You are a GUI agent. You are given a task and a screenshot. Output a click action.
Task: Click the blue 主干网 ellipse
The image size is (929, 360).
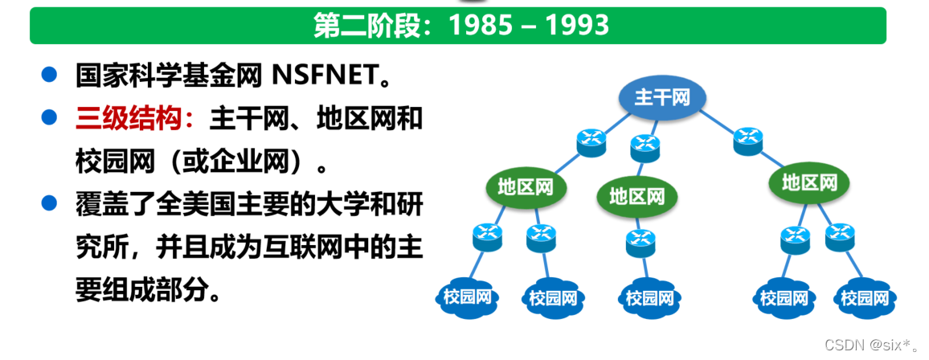coord(661,98)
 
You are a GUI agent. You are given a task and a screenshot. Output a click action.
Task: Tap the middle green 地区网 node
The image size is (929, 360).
coord(637,195)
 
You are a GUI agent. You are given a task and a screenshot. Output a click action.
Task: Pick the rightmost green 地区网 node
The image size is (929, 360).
coord(809,183)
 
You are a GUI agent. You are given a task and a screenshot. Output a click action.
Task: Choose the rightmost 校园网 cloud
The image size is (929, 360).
coord(865,298)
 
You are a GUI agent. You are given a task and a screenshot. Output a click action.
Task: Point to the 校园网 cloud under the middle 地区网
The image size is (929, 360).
coord(650,298)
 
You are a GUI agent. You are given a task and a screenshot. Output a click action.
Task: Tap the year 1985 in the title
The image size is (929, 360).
coord(481,26)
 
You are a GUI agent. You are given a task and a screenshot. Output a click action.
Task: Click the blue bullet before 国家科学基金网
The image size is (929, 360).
coord(49,76)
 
